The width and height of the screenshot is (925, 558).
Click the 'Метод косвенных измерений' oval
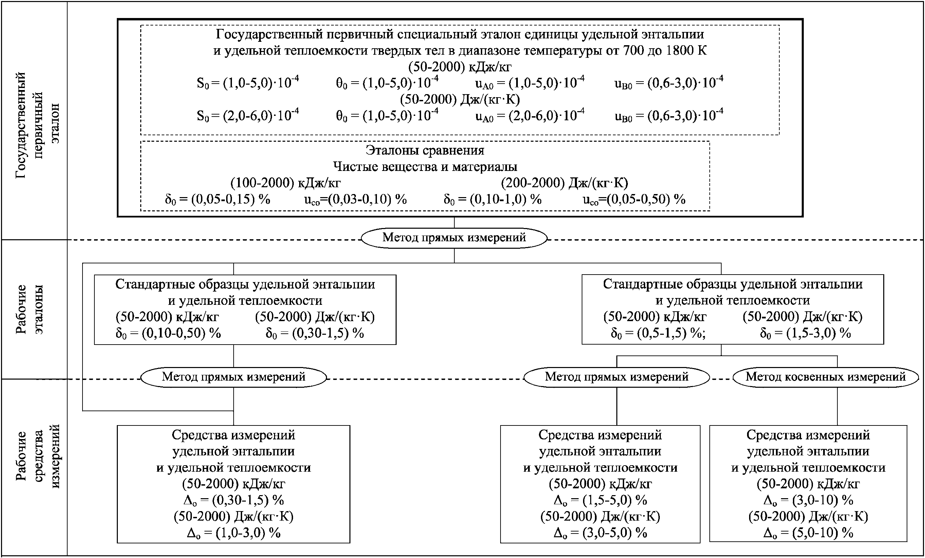point(826,377)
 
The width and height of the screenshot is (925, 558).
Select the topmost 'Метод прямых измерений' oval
point(454,238)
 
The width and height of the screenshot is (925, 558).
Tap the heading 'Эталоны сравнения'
point(425,150)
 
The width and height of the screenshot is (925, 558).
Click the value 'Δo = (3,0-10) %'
point(808,500)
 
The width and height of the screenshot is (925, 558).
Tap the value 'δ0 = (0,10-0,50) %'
point(168,333)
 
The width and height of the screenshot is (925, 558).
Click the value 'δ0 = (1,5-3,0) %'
point(805,333)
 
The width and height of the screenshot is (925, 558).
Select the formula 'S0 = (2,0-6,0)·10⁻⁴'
point(248,115)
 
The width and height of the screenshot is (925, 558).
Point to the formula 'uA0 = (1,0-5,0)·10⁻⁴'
point(530,83)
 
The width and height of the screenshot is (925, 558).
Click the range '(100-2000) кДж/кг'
point(285,183)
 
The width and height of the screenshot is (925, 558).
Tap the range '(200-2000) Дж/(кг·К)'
point(564,183)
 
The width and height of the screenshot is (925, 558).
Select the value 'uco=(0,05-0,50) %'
point(634,199)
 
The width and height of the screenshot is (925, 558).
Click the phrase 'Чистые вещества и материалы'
point(425,167)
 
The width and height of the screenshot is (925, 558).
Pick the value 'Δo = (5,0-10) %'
point(808,533)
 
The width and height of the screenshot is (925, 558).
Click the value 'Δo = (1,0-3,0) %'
point(234,533)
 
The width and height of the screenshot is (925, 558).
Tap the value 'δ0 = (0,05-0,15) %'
point(217,199)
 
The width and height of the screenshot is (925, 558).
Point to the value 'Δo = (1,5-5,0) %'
point(600,500)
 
